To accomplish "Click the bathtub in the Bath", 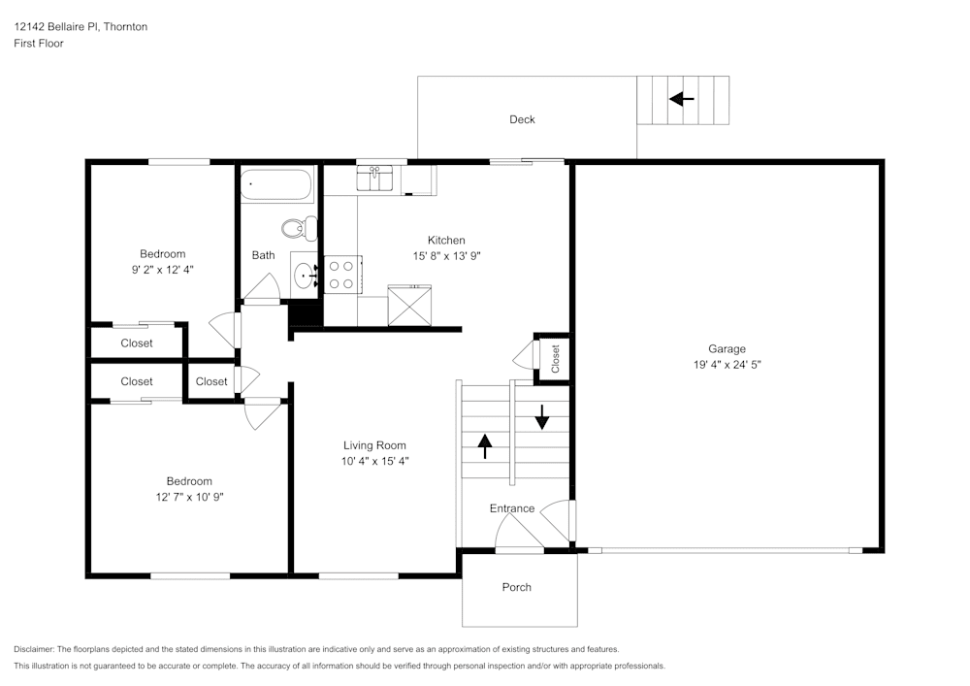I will pos(277,184).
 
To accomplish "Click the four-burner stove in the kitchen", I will pos(340,274).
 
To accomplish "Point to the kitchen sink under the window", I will pos(374,178).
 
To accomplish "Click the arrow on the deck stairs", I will pos(682,99).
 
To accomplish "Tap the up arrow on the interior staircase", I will pos(484,445).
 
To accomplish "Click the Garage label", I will pos(727,349).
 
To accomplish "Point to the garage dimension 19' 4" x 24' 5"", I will pos(727,366).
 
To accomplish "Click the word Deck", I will pos(522,119).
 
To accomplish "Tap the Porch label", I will pos(517,587).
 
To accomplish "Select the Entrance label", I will pos(511,508).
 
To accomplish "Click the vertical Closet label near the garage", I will pos(556,358).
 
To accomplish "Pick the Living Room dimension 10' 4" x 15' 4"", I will pos(374,462).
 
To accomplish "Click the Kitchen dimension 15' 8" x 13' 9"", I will pos(446,256).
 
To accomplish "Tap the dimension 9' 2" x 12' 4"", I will pos(162,270).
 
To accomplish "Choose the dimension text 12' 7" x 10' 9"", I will pos(188,497).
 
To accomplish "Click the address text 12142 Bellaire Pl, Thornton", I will pos(81,27).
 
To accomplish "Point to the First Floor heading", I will pos(39,44).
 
